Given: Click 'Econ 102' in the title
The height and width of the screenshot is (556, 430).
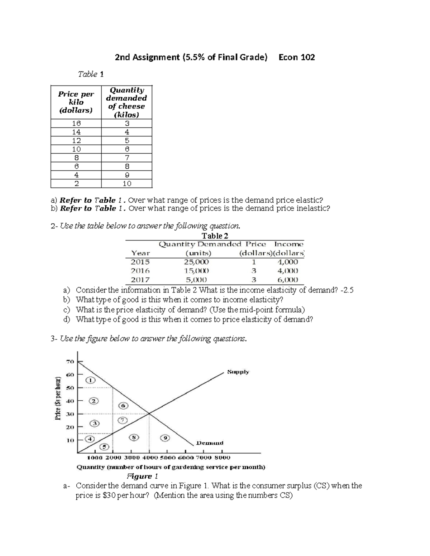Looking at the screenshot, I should coord(297,57).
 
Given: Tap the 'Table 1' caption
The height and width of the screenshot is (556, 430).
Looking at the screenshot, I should coord(91,74).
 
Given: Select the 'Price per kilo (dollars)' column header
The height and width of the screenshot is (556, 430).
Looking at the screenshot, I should coord(76,102).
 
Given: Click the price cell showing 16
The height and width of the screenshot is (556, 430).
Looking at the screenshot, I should coord(76,123).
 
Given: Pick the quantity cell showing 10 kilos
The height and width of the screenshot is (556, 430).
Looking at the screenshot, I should coord(127,184).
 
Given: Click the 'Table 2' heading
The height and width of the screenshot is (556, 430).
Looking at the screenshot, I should coord(215,236).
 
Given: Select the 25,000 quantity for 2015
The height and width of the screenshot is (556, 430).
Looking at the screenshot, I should coord(196,262).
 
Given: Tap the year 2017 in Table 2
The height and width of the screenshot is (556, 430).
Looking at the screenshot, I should coord(140,280).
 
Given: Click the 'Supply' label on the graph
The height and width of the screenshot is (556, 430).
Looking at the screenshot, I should coord(238,372).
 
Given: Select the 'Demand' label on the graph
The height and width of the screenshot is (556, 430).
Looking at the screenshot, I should coord(210,443).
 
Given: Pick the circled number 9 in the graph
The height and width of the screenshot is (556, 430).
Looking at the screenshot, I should coord(165,438).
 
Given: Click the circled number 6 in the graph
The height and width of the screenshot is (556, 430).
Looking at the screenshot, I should coord(123,406).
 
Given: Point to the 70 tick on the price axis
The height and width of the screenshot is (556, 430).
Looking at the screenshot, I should coord(70,362).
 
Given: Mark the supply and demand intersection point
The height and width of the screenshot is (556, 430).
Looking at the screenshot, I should coord(149,414).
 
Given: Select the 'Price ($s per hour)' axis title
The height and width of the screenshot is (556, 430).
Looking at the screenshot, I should coord(58,397).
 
